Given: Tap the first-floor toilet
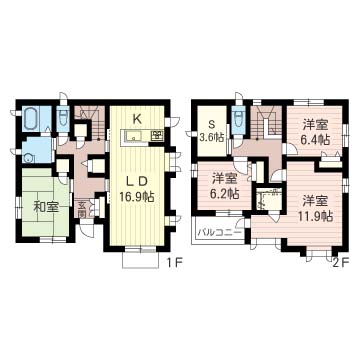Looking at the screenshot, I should [x=63, y=119].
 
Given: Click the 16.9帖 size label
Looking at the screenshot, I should [x=138, y=197].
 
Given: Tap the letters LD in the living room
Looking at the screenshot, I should [x=138, y=181].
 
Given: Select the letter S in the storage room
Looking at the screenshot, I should [x=211, y=124].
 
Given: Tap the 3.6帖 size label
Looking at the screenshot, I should [x=211, y=138].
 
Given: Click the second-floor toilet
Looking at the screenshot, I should [x=238, y=121].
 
